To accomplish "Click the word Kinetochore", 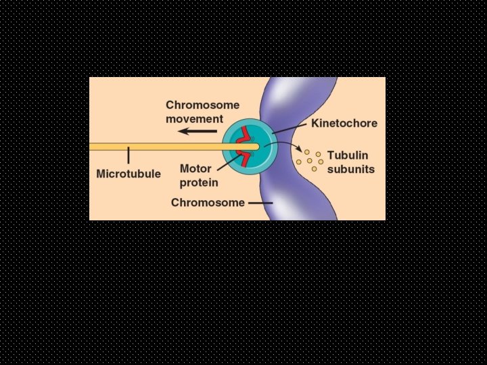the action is (x=344, y=124).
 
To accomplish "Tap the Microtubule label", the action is (x=129, y=174).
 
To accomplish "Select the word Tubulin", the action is (x=348, y=155).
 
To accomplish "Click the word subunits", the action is (x=350, y=169).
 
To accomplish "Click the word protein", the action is (x=199, y=182).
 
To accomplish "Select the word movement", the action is (x=194, y=118).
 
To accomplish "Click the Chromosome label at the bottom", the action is (x=208, y=202).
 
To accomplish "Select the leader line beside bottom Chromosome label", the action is (x=260, y=202).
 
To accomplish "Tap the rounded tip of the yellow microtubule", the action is (x=256, y=147).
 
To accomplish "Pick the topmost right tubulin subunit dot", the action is (x=318, y=154).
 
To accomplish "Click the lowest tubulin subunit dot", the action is (x=314, y=169).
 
